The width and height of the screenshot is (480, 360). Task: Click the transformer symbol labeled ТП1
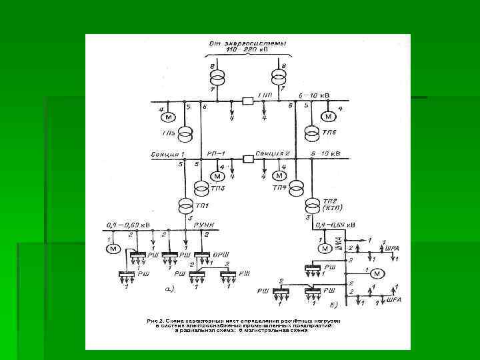click(x=185, y=204)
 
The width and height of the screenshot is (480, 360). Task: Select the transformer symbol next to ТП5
click(x=188, y=131)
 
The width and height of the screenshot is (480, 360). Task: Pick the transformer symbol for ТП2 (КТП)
click(x=311, y=204)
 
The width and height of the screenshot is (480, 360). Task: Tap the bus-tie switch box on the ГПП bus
click(x=248, y=101)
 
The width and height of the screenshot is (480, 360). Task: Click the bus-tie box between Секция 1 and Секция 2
click(x=248, y=159)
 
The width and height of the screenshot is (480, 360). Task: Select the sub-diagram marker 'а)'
click(x=169, y=289)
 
